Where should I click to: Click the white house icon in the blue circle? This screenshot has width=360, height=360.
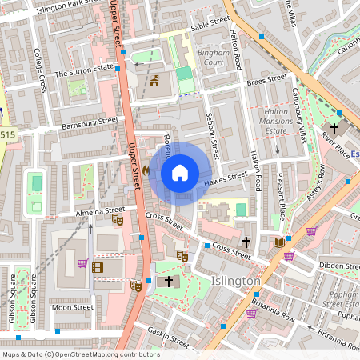[180, 173]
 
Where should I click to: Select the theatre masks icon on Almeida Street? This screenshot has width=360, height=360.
[118, 219]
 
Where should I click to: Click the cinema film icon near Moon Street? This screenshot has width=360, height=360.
[98, 267]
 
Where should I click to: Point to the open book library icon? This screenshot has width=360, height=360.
[278, 242]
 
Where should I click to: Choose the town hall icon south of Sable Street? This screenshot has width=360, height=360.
[153, 81]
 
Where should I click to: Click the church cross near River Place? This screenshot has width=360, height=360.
[334, 128]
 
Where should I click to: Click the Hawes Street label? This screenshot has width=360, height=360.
[226, 181]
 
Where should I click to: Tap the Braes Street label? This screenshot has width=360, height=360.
[266, 79]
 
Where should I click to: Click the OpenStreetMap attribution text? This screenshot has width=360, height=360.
[81, 354]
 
